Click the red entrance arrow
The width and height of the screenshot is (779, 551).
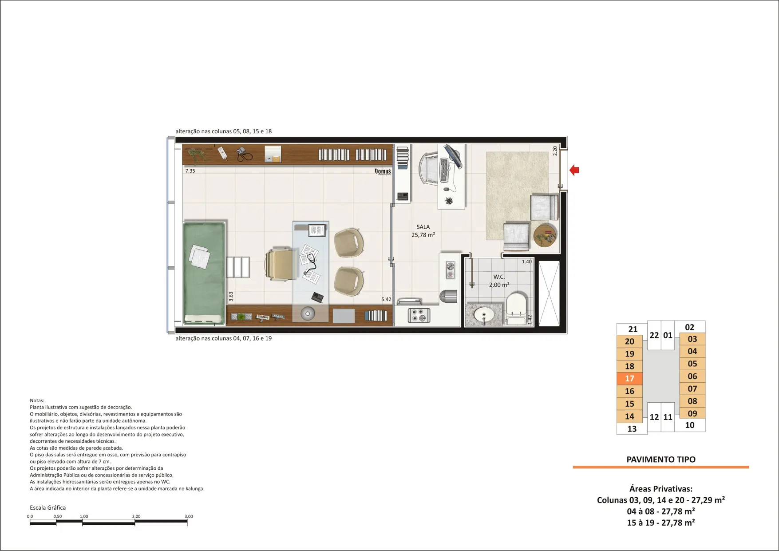pyautogui.click(x=574, y=170)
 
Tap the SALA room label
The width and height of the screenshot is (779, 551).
pyautogui.click(x=423, y=227)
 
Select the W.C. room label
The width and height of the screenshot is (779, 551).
pyautogui.click(x=499, y=277)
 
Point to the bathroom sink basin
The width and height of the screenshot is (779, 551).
pyautogui.click(x=483, y=315)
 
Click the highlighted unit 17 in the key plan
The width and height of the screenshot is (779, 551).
pyautogui.click(x=629, y=379)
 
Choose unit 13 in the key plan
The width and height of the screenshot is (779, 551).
pyautogui.click(x=632, y=429)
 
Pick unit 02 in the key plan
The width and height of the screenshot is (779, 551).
pyautogui.click(x=689, y=327)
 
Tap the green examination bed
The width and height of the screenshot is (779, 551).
pyautogui.click(x=204, y=273)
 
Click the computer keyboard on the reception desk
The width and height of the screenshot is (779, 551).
pyautogui.click(x=443, y=170)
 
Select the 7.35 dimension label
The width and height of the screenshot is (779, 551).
pyautogui.click(x=190, y=171)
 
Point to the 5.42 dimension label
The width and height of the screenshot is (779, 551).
pyautogui.click(x=386, y=299)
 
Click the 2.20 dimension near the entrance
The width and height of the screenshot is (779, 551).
pyautogui.click(x=555, y=151)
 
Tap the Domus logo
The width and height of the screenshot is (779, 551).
pyautogui.click(x=383, y=171)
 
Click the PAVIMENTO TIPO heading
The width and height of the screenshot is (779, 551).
pyautogui.click(x=661, y=460)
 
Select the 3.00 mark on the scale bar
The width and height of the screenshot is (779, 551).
pyautogui.click(x=189, y=516)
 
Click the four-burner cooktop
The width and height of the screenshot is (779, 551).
pyautogui.click(x=419, y=315)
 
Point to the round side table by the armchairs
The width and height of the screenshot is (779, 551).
pyautogui.click(x=545, y=235)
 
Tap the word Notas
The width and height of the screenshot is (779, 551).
pyautogui.click(x=37, y=400)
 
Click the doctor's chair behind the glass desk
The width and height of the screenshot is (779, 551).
pyautogui.click(x=281, y=265)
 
